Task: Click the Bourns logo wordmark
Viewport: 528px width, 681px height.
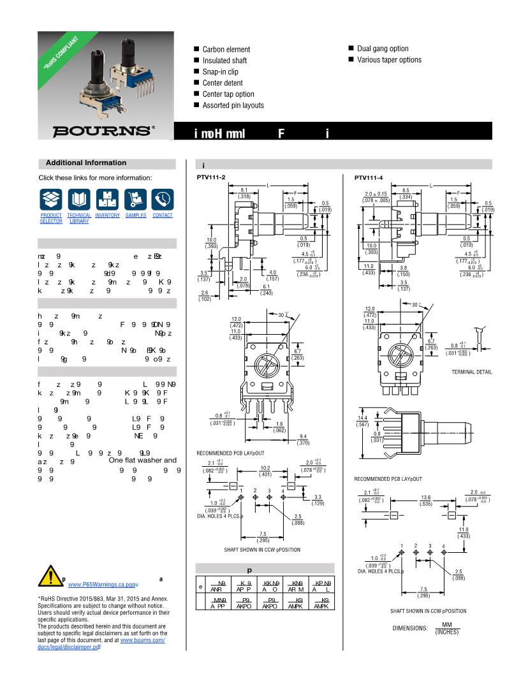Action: (103, 131)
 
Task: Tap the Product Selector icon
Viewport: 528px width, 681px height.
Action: (51, 200)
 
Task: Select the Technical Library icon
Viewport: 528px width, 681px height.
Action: (79, 200)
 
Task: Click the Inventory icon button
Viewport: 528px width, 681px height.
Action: (107, 200)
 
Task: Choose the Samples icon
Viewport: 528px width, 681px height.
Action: (135, 200)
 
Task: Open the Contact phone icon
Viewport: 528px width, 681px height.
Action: (163, 200)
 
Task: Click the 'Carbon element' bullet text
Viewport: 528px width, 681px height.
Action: (226, 49)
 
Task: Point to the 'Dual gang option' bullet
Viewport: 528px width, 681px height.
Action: (383, 48)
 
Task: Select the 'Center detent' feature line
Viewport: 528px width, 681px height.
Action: (223, 83)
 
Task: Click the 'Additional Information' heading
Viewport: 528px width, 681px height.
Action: (86, 163)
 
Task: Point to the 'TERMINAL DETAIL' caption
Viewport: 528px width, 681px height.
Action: (472, 372)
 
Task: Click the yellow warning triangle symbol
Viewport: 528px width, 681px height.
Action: (50, 576)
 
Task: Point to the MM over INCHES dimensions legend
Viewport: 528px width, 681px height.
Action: (446, 628)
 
